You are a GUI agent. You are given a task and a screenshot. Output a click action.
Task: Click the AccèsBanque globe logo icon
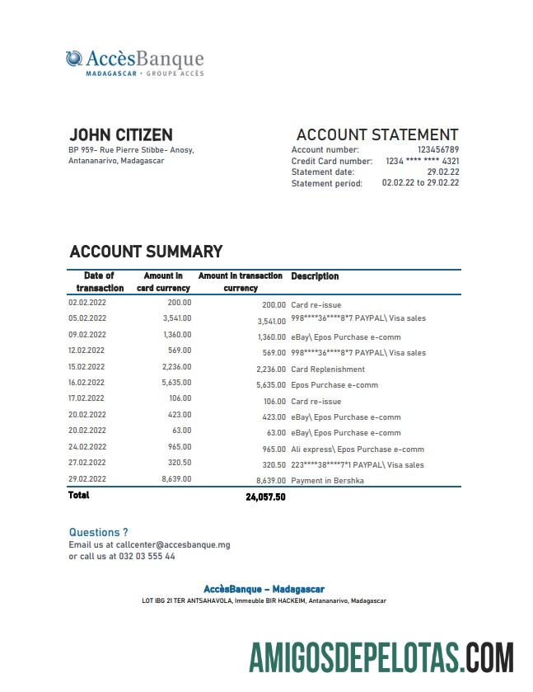tap(74, 59)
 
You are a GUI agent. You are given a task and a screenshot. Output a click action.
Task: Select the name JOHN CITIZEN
tap(120, 135)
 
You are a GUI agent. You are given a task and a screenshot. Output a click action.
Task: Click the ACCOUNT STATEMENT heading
tap(376, 135)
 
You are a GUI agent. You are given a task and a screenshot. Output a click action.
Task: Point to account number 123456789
tap(438, 150)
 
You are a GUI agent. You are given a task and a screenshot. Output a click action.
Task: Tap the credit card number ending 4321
tap(423, 162)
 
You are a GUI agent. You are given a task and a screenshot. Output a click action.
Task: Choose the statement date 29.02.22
tap(443, 172)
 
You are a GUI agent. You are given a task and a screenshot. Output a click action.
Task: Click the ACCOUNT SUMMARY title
tap(146, 252)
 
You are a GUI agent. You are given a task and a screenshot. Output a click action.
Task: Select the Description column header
tap(315, 276)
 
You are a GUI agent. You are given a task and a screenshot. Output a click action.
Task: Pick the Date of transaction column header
tap(100, 282)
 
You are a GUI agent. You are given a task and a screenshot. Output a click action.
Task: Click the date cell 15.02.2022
tap(86, 367)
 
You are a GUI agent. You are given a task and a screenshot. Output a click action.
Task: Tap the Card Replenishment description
tap(327, 370)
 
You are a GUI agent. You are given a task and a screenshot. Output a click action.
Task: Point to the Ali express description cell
tap(358, 450)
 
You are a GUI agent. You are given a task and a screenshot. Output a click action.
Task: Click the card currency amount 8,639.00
tap(175, 478)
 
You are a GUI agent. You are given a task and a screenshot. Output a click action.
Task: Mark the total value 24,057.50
tap(265, 497)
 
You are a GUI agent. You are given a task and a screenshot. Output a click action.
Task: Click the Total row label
tap(79, 496)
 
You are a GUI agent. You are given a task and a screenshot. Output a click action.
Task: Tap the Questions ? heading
tap(98, 533)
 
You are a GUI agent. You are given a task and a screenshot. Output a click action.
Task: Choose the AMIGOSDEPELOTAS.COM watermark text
tap(381, 658)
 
